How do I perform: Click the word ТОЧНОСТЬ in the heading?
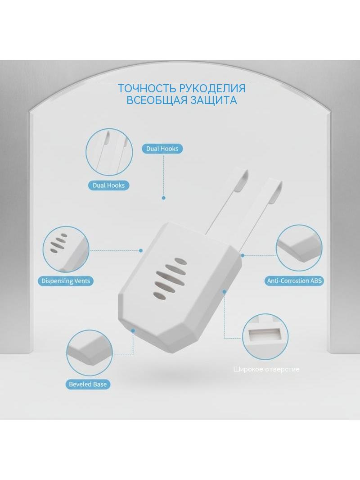pos(147,88)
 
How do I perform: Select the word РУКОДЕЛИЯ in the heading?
pos(212,88)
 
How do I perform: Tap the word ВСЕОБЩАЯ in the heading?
pos(156,100)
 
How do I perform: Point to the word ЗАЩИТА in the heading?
pos(213,100)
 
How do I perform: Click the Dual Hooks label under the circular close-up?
pos(108,185)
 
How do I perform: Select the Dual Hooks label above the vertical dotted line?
pos(162,149)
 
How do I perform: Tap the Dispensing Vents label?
pos(66,281)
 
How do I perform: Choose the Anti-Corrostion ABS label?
pos(294,281)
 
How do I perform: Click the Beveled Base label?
pos(88,384)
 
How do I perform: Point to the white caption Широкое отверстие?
pos(266,369)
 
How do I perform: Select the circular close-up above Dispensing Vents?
pos(66,249)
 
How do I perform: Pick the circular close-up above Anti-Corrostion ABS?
pos(299,249)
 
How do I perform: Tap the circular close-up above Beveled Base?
pos(89,353)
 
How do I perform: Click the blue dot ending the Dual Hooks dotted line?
pos(164,198)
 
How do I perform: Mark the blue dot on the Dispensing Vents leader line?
pos(141,250)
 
